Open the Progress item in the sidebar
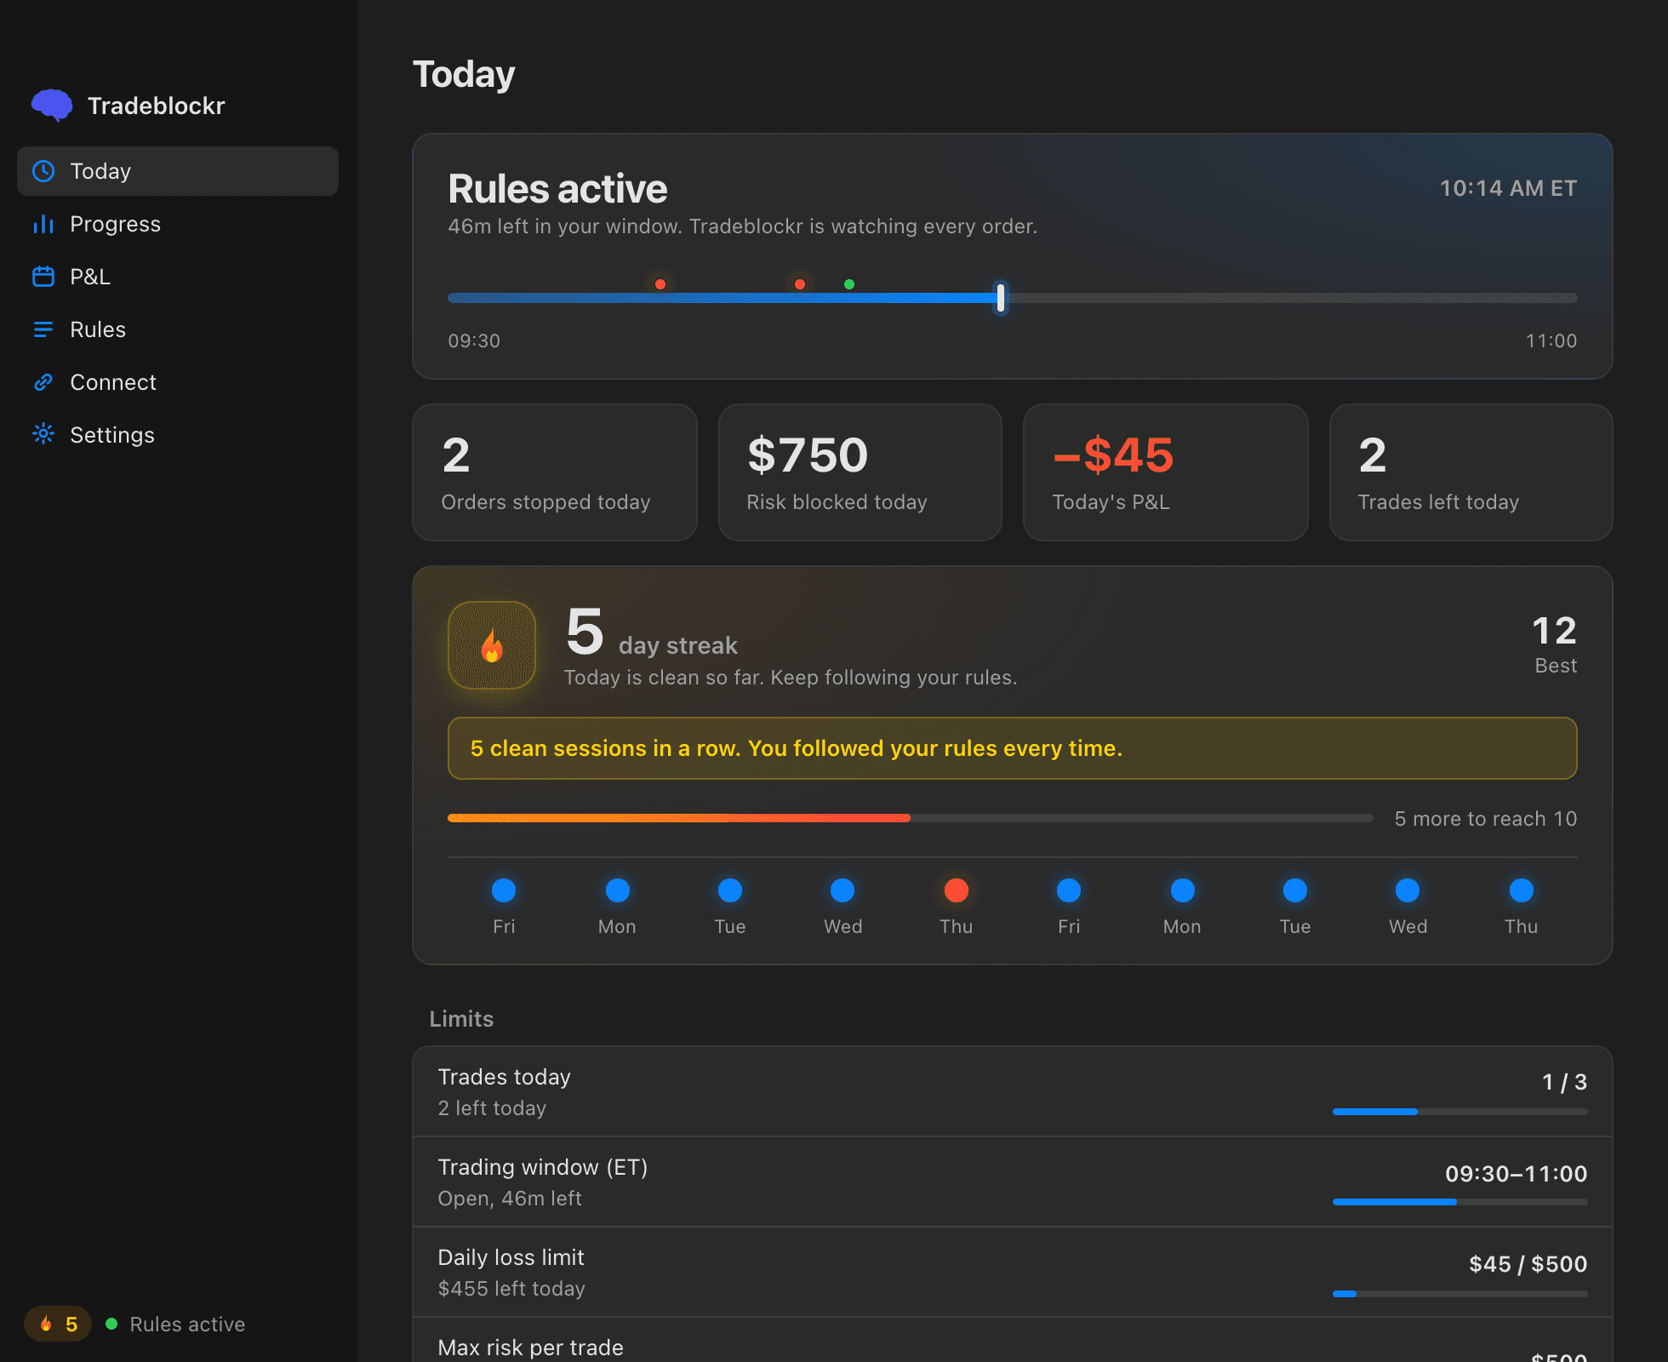click(115, 224)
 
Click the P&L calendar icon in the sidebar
click(43, 277)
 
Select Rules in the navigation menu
click(98, 329)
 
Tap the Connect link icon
click(43, 382)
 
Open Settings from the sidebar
click(112, 435)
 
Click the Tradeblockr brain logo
click(52, 105)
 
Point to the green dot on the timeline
click(849, 284)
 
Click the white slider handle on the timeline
click(1001, 298)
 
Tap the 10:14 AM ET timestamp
click(1508, 188)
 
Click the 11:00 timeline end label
click(1551, 340)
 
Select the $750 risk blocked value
click(808, 455)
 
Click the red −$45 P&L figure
click(1113, 455)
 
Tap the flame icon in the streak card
click(492, 645)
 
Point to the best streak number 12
click(1555, 631)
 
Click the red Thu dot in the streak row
click(957, 890)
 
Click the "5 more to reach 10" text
click(1486, 819)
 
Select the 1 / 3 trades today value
click(1564, 1082)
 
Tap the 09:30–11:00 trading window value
click(1517, 1174)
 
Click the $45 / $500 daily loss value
click(1528, 1264)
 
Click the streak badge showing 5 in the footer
click(58, 1324)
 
